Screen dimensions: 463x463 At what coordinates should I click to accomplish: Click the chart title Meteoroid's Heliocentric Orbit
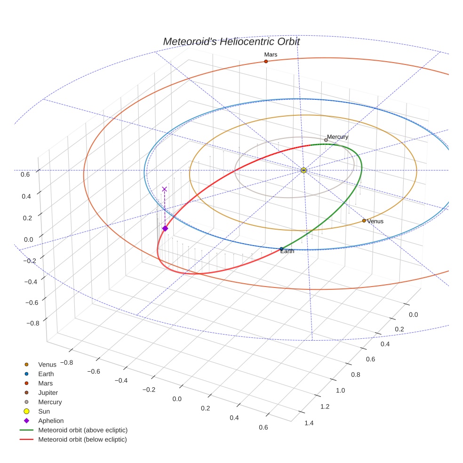click(x=231, y=41)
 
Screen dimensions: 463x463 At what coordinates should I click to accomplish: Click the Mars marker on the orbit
click(x=266, y=62)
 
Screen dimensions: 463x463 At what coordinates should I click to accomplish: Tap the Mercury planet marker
click(x=326, y=140)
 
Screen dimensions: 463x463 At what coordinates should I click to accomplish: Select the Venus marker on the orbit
click(x=364, y=221)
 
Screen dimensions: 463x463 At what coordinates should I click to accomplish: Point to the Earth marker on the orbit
click(x=281, y=249)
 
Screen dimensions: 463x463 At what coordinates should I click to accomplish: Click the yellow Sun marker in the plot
click(x=303, y=170)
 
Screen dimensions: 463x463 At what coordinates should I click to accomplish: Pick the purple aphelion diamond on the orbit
click(x=165, y=228)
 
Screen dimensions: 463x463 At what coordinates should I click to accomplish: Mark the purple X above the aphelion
click(x=164, y=189)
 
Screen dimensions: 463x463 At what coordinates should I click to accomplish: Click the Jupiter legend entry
click(x=48, y=392)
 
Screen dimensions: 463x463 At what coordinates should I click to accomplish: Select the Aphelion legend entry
click(x=50, y=421)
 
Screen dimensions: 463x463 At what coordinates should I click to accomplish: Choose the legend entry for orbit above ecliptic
click(x=82, y=430)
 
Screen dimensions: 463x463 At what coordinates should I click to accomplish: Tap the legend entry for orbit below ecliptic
click(x=82, y=439)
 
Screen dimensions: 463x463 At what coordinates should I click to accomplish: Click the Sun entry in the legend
click(x=44, y=411)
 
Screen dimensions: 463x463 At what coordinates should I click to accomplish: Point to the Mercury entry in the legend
click(x=50, y=402)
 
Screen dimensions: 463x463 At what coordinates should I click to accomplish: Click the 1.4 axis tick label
click(x=309, y=423)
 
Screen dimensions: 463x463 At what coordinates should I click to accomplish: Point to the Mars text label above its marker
click(x=271, y=55)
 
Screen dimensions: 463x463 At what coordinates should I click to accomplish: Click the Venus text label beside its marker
click(x=375, y=221)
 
